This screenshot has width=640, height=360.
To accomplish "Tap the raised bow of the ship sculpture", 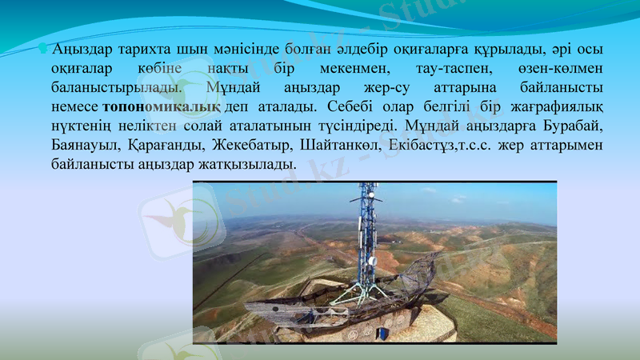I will (x=434, y=260).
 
